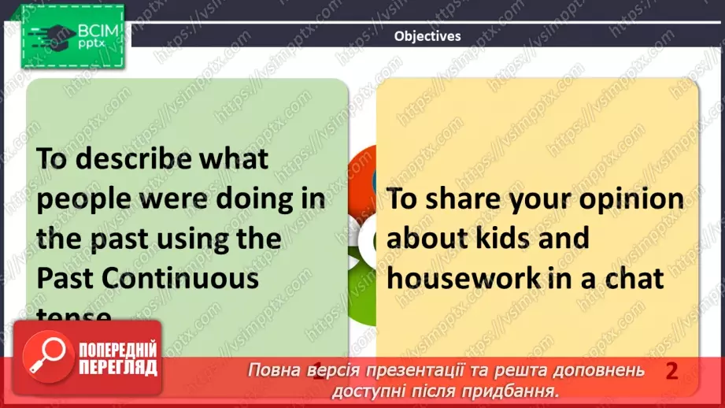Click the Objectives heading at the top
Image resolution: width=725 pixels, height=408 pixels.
pos(427,35)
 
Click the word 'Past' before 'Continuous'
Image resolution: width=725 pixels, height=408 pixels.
pos(65,279)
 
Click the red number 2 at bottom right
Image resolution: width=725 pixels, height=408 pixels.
pos(671,371)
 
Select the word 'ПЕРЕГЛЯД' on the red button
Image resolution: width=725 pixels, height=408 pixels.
pos(118,368)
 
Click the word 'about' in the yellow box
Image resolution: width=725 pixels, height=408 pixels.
pos(425,238)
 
